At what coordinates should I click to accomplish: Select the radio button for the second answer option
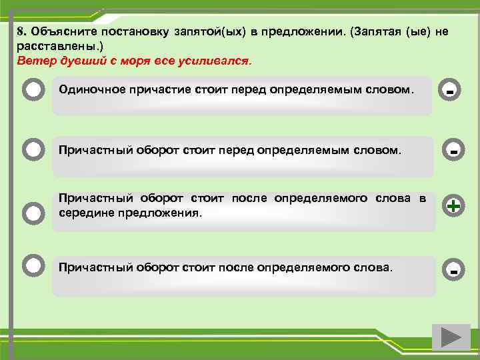tap(34, 149)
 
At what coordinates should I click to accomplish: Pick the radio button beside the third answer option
tap(34, 213)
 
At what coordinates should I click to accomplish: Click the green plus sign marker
tap(453, 207)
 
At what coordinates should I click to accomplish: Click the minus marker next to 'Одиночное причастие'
tap(451, 90)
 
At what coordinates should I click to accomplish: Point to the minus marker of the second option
tap(453, 152)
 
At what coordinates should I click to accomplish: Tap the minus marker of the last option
tap(453, 271)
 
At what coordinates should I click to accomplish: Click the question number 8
tap(21, 32)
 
